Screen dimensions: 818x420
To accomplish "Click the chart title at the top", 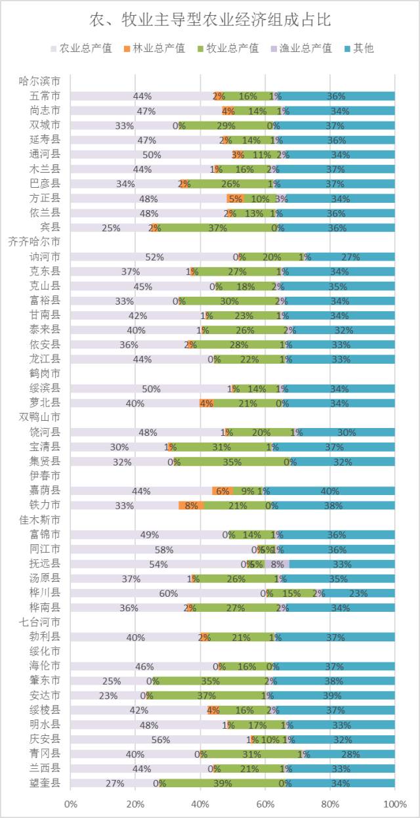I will point(210,20).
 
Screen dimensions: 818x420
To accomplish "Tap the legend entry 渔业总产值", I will point(305,48).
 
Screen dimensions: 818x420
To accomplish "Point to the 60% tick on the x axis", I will point(265,804).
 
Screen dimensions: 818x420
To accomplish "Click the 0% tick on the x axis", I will point(70,804).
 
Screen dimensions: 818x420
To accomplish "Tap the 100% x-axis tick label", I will point(394,804).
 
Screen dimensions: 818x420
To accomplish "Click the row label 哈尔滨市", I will point(40,81).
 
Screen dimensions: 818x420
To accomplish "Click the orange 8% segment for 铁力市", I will point(191,506).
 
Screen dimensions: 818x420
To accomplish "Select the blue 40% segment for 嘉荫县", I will point(329,491).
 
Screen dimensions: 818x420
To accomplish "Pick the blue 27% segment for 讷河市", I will point(352,257).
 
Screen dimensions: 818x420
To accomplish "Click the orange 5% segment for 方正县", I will point(235,198).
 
